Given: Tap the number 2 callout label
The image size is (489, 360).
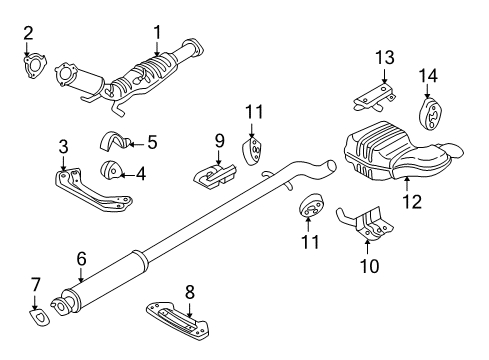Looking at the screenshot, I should (29, 32).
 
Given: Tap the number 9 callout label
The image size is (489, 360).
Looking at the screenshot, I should (217, 140).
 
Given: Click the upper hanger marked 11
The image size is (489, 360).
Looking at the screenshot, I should (254, 151).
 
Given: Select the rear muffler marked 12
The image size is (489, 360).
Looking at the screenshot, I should (395, 155).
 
